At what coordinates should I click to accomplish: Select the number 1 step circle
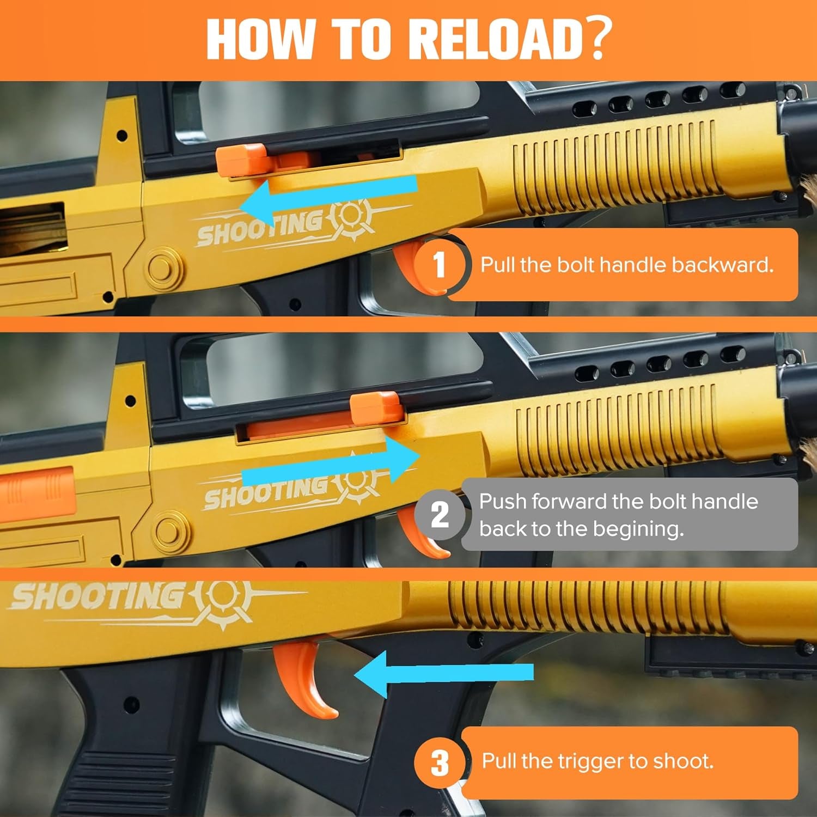[x=439, y=265]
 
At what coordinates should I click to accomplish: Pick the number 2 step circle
[x=439, y=514]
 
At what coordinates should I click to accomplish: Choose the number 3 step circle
[x=439, y=763]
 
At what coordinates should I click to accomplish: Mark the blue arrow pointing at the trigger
[x=444, y=674]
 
